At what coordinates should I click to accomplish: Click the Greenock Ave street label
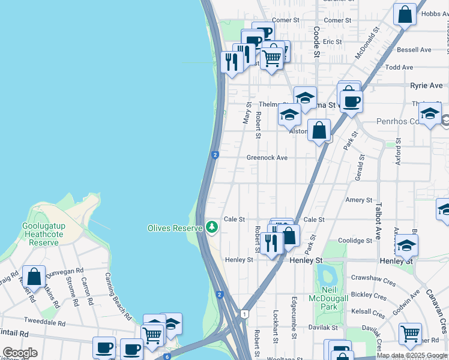(x=267, y=158)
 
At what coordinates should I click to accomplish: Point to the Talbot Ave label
(x=378, y=220)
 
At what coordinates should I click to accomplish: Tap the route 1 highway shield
(x=244, y=314)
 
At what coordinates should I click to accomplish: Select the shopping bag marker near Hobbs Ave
(x=405, y=14)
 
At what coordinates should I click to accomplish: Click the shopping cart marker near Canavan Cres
(x=410, y=333)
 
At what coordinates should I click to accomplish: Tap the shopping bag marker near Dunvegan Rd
(x=34, y=276)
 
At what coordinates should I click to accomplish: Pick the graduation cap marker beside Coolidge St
(x=406, y=245)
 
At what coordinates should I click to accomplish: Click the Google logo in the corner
(x=20, y=353)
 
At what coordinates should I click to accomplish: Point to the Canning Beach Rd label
(x=118, y=296)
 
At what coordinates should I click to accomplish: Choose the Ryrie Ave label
(x=426, y=86)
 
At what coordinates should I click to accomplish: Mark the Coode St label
(x=316, y=41)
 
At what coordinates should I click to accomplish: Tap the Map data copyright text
(x=412, y=355)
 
